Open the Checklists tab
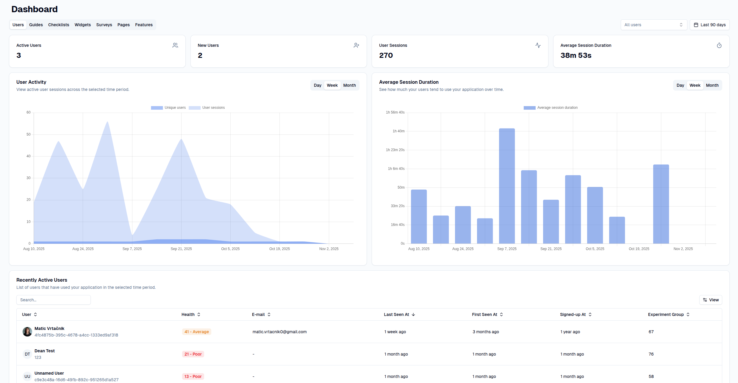click(59, 25)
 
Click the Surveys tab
click(104, 25)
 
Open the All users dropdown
click(653, 25)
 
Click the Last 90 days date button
click(709, 25)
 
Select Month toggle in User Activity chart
click(349, 85)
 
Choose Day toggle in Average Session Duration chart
click(680, 85)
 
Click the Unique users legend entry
click(168, 108)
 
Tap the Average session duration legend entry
click(551, 108)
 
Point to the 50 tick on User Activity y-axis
click(29, 134)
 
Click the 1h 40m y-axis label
click(398, 131)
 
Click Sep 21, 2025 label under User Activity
click(181, 249)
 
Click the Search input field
click(54, 300)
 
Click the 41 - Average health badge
click(196, 332)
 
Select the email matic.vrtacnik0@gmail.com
click(279, 332)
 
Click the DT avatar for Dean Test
click(27, 354)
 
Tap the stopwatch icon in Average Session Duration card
click(719, 46)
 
